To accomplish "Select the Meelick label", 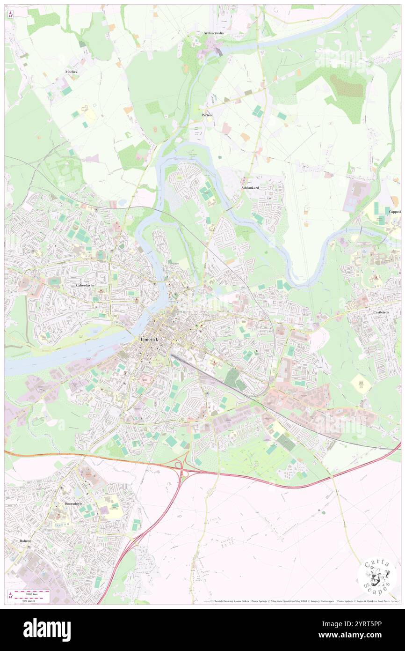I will tap(71, 72).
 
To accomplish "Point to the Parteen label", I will tap(207, 115).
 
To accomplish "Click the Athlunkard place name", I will tap(250, 188).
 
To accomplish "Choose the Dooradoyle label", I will tap(73, 503).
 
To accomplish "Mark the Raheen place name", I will tap(26, 540).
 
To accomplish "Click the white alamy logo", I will tap(47, 629).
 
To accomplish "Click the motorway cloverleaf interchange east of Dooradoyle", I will tap(181, 464).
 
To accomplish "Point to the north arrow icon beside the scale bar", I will tap(10, 595).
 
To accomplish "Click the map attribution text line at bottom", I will tap(299, 601).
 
